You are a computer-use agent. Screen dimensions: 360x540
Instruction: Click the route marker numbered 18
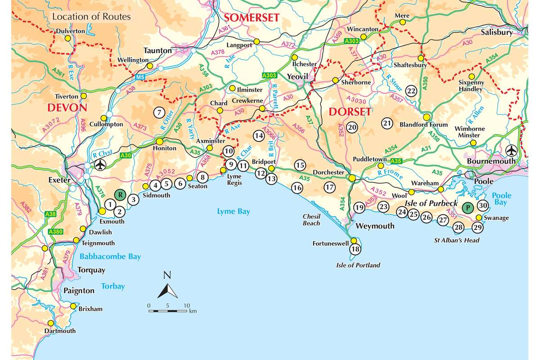click(355, 249)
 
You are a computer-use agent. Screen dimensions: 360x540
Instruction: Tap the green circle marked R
click(119, 194)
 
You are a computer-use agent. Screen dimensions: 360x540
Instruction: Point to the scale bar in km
click(167, 310)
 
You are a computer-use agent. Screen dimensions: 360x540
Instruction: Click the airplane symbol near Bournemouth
click(511, 149)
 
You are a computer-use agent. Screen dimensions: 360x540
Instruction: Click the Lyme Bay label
click(233, 211)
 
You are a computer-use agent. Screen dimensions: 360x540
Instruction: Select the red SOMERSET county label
click(252, 18)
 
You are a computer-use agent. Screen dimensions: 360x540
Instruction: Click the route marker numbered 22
click(410, 90)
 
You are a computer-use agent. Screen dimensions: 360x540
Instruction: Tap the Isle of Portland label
click(359, 265)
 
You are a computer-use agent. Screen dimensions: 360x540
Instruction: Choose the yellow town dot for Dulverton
click(68, 39)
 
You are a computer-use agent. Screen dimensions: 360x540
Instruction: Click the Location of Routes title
click(91, 17)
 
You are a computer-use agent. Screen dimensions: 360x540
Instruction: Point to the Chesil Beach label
click(311, 220)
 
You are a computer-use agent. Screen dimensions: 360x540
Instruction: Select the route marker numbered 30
click(483, 206)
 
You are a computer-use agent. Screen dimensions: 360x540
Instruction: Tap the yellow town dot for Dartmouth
click(51, 323)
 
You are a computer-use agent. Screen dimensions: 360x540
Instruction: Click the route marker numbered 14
click(258, 135)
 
